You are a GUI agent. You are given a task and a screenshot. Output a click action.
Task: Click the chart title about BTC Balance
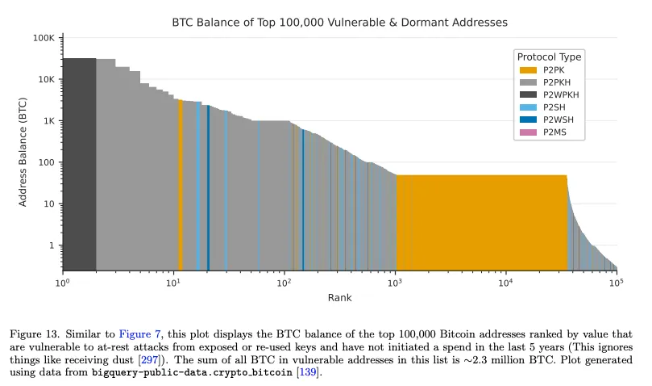340,22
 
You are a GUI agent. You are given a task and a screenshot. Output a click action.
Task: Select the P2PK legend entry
542,70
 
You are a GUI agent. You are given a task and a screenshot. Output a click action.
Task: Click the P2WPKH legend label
561,94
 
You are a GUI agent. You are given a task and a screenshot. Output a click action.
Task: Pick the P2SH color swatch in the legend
528,107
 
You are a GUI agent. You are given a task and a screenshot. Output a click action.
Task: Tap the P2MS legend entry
542,132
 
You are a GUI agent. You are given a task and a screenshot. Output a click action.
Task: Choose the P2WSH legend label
558,120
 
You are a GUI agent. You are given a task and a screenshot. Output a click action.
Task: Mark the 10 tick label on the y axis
49,203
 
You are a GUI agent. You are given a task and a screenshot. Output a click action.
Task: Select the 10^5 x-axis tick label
617,283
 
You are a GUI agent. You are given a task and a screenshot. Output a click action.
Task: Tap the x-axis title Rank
340,298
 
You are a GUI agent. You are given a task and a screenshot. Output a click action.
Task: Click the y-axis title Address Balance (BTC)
23,152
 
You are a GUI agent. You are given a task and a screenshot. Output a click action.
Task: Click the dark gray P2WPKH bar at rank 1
80,164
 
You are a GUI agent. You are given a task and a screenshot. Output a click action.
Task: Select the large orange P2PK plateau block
481,223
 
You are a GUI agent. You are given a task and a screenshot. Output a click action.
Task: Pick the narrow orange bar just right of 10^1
181,186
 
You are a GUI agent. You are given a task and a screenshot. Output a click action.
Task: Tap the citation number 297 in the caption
149,359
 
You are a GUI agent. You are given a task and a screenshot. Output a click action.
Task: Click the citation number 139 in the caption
308,371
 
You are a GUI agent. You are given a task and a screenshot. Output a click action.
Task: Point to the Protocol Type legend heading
550,57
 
